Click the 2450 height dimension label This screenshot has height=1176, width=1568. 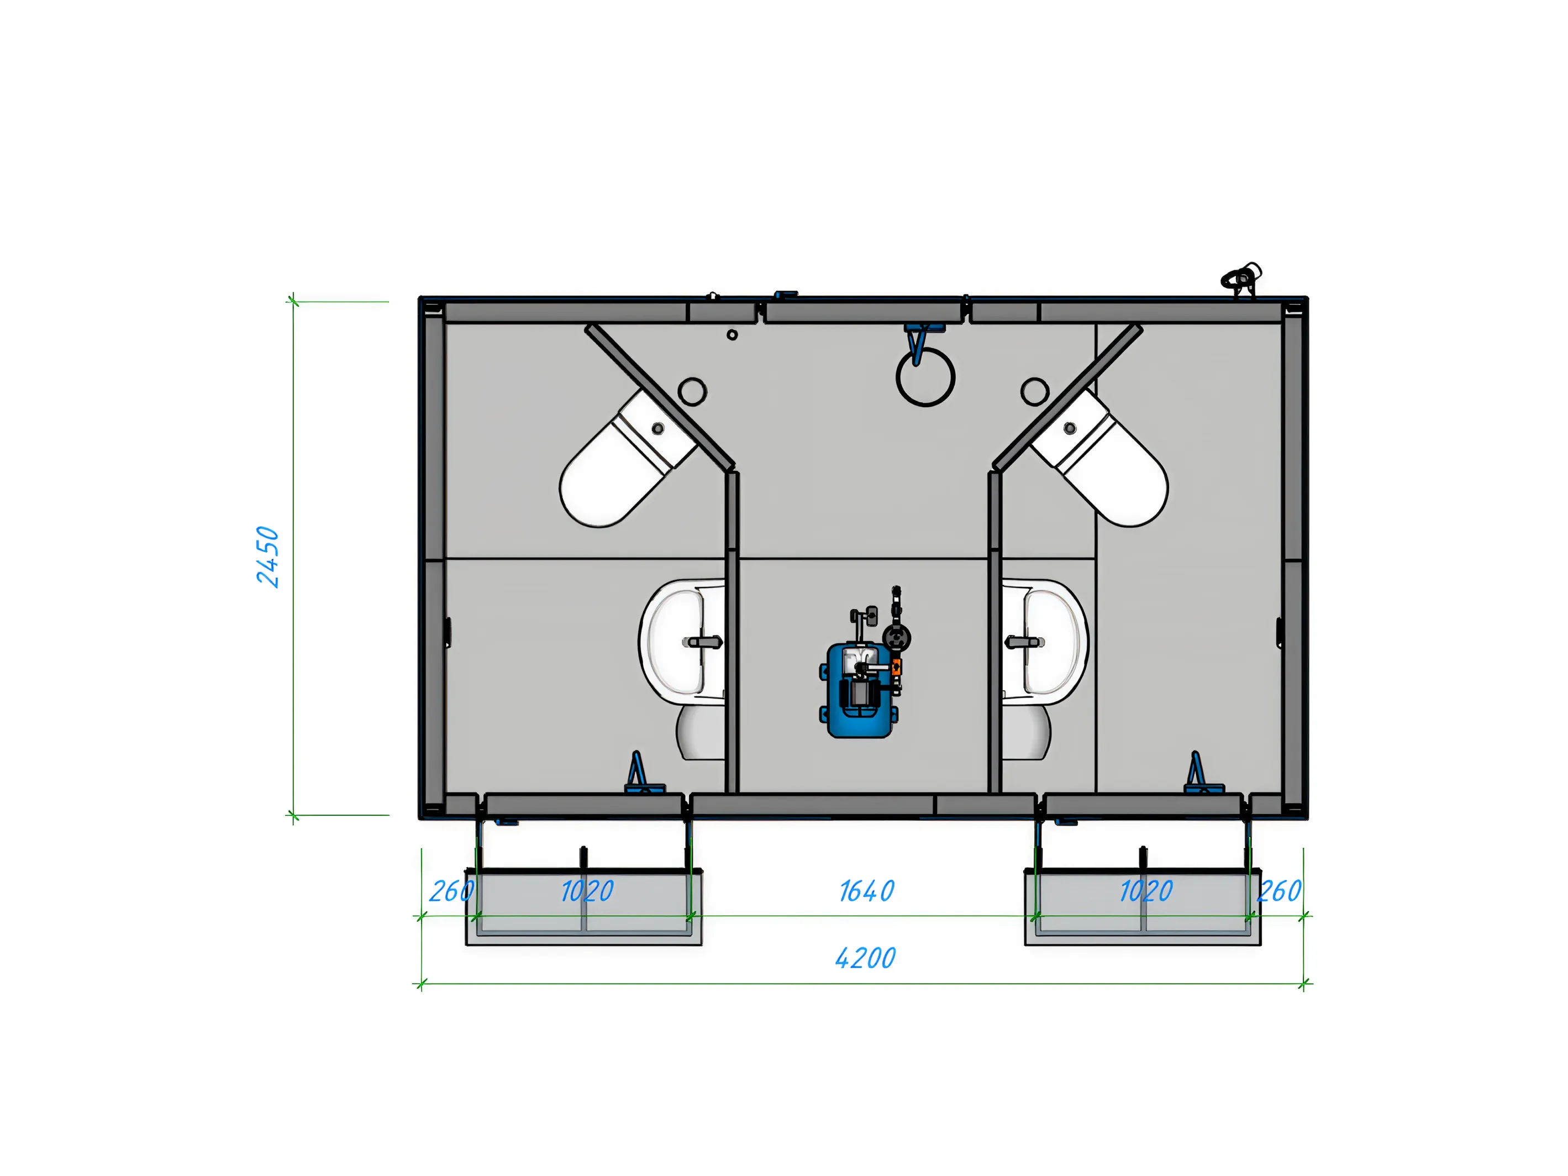(x=268, y=556)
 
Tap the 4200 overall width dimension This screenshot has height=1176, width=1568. (x=866, y=958)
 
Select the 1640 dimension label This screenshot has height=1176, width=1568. (x=866, y=891)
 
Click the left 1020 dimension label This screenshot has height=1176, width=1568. (x=587, y=891)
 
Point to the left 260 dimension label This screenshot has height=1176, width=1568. (x=451, y=891)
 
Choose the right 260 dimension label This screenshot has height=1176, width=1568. (x=1280, y=891)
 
